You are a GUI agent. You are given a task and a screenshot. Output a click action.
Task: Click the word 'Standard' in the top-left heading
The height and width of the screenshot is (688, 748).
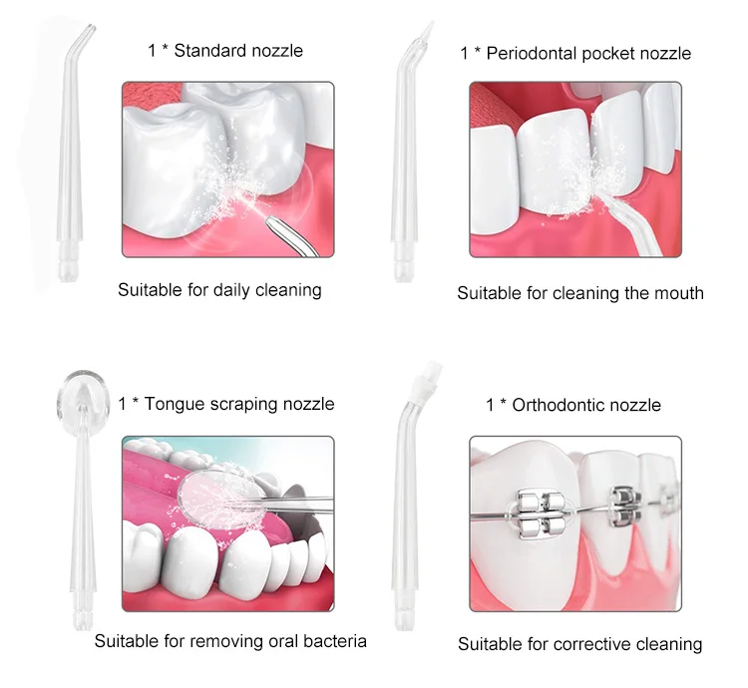coord(208,50)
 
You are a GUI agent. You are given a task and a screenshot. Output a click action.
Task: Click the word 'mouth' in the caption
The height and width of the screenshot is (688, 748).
coord(678,293)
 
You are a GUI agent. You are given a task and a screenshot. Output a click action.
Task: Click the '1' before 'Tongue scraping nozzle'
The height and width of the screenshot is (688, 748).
coord(122,404)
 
